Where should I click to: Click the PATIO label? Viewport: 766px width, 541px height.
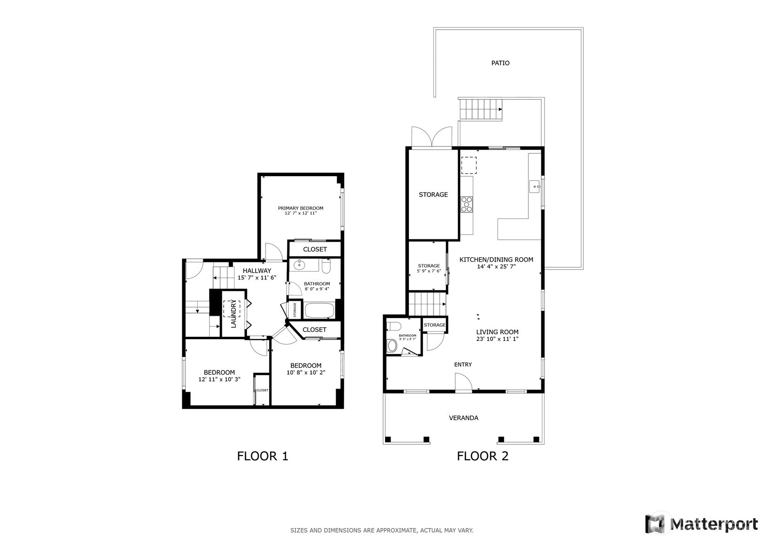click(500, 63)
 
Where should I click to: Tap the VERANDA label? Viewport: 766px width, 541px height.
click(463, 418)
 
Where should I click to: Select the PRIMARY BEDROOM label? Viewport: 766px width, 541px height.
click(300, 208)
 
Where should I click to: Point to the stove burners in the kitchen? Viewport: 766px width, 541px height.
click(466, 204)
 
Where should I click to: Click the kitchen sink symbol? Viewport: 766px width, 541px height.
click(535, 186)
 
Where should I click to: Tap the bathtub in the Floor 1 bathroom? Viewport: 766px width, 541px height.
click(319, 310)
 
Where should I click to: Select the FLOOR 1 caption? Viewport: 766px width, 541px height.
click(262, 456)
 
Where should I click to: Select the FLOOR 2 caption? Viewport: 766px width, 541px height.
click(482, 456)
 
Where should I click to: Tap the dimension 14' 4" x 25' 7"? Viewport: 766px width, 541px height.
click(496, 267)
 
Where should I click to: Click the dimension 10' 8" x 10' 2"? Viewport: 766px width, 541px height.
click(306, 372)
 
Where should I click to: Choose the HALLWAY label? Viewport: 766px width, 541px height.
click(257, 270)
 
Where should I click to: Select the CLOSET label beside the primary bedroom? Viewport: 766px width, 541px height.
click(315, 249)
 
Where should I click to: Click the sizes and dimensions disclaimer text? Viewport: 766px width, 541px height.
click(382, 530)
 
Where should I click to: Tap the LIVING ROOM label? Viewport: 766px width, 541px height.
click(497, 332)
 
